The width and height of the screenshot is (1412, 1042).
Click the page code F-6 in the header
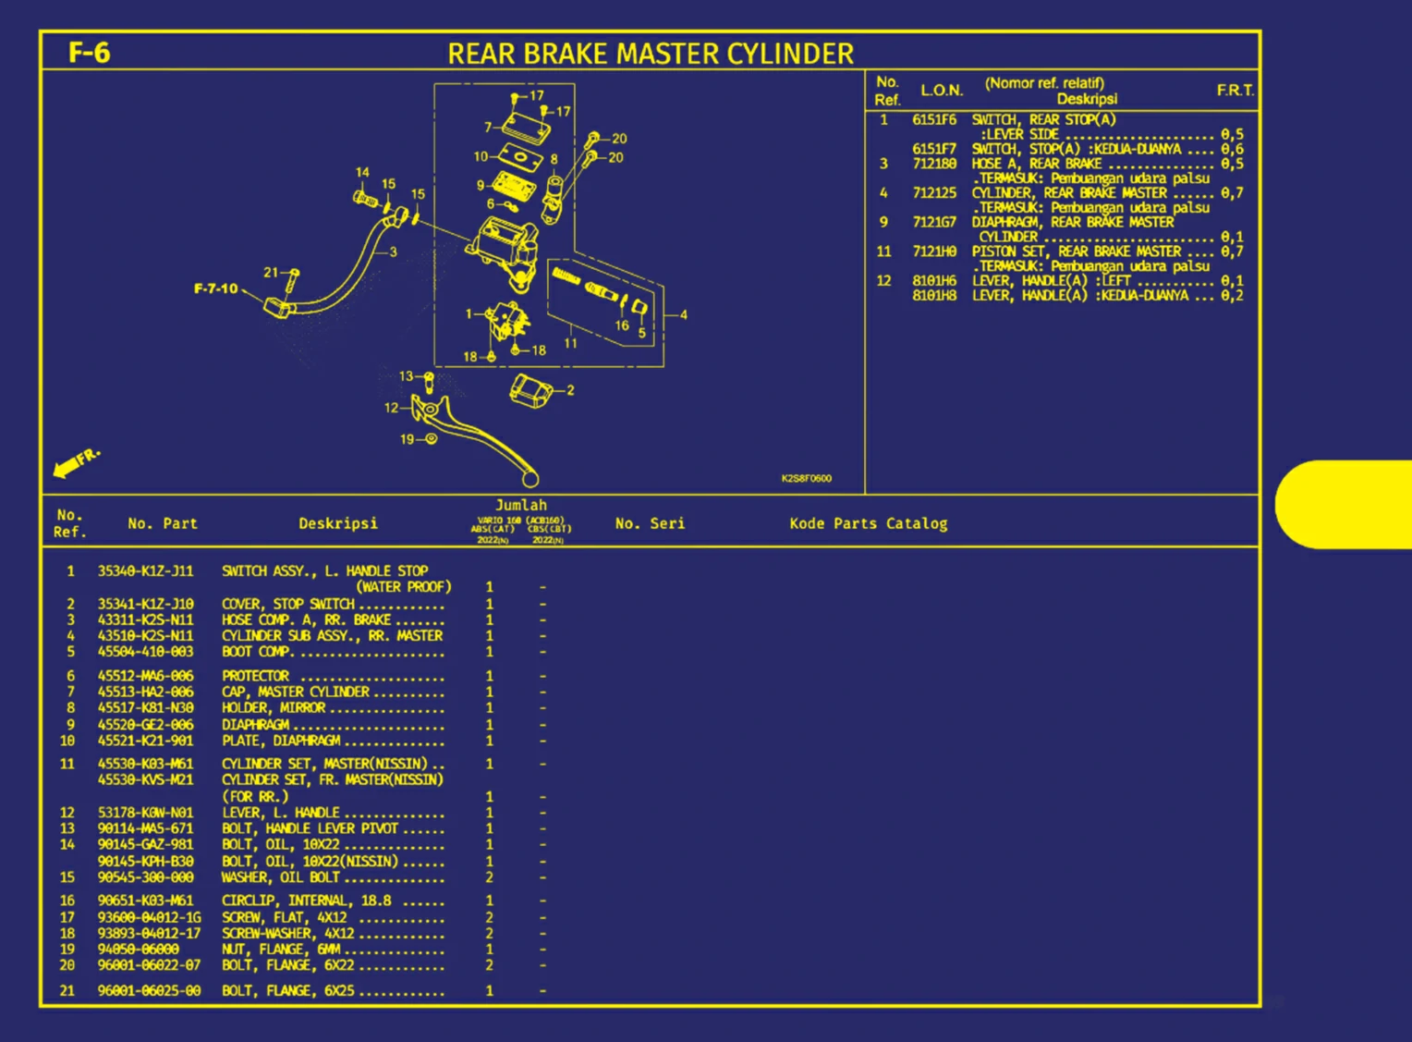point(90,53)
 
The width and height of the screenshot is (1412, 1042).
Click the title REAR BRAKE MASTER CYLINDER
point(651,54)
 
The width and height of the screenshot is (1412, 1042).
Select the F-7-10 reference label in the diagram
point(215,288)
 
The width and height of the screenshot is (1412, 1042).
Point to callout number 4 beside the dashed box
point(684,314)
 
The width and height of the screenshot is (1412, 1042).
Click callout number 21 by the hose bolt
point(271,272)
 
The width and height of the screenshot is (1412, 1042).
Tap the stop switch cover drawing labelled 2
point(530,389)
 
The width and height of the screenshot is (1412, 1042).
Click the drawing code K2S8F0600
point(806,478)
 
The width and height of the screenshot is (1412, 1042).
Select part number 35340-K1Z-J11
point(145,571)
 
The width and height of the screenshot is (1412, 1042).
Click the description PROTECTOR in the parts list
point(255,676)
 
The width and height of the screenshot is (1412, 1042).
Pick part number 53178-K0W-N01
point(145,813)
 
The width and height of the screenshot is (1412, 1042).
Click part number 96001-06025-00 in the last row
point(149,990)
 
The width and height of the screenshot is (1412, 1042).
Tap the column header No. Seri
point(650,523)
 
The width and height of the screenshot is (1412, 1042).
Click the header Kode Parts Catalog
point(868,523)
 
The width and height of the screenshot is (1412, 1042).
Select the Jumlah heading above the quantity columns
point(520,505)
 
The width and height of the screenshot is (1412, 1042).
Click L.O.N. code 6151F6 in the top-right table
point(933,119)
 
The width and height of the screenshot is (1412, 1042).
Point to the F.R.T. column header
point(1235,90)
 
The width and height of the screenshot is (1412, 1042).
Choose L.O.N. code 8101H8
point(933,295)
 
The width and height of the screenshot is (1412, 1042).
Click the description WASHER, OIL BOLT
point(280,877)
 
